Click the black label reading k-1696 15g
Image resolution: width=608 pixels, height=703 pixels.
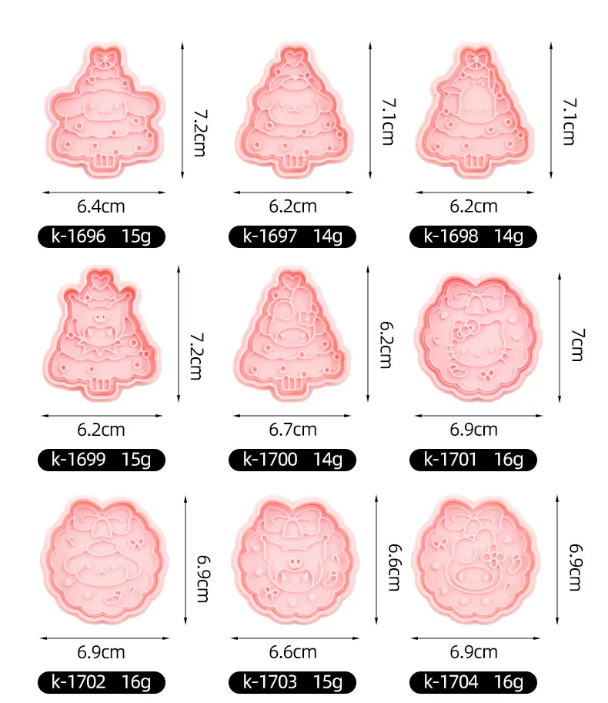(102, 236)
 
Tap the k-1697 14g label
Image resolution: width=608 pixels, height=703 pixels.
(292, 236)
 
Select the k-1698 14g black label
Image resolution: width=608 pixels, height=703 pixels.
(473, 236)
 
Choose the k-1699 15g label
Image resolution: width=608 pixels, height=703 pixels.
(102, 460)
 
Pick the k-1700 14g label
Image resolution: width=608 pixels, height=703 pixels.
(292, 460)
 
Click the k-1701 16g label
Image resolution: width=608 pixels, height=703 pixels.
(473, 460)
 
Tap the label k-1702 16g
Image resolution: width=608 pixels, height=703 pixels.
(102, 682)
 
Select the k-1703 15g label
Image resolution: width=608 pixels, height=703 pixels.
(292, 682)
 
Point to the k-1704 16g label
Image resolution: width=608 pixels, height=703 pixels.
(473, 682)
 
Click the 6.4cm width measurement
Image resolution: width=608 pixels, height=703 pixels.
(101, 206)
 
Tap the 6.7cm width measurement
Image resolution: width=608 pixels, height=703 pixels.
(292, 430)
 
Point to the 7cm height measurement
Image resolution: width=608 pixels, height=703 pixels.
(577, 344)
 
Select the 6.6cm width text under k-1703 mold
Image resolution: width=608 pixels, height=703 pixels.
(292, 652)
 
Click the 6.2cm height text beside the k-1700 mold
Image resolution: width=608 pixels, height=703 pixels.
(386, 345)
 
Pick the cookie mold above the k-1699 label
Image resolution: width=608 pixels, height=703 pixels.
(102, 333)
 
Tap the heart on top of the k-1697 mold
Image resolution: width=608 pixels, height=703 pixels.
(293, 58)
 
